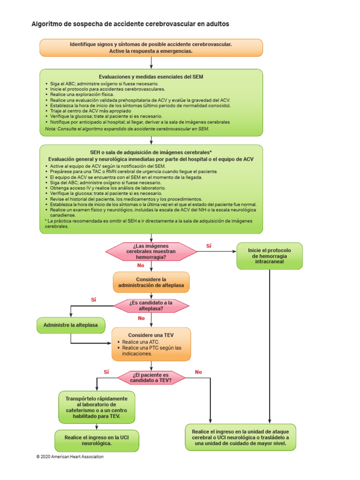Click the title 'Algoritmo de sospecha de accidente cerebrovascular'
point(130,23)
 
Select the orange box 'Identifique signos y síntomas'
point(151,47)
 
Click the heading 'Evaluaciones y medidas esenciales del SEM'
point(151,76)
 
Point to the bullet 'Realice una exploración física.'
point(82,94)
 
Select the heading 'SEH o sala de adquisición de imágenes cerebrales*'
point(151,152)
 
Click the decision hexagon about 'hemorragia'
point(151,252)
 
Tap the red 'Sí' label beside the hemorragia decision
point(209,246)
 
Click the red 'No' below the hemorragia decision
point(140,265)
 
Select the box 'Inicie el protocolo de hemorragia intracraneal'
point(270,256)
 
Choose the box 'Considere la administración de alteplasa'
point(151,282)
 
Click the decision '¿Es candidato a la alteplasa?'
point(151,306)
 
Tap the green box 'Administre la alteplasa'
point(71,325)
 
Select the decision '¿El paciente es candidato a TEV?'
point(151,377)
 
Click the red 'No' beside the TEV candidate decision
point(198,372)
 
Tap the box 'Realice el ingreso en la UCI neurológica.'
point(97,440)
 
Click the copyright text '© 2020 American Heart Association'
point(70,457)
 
